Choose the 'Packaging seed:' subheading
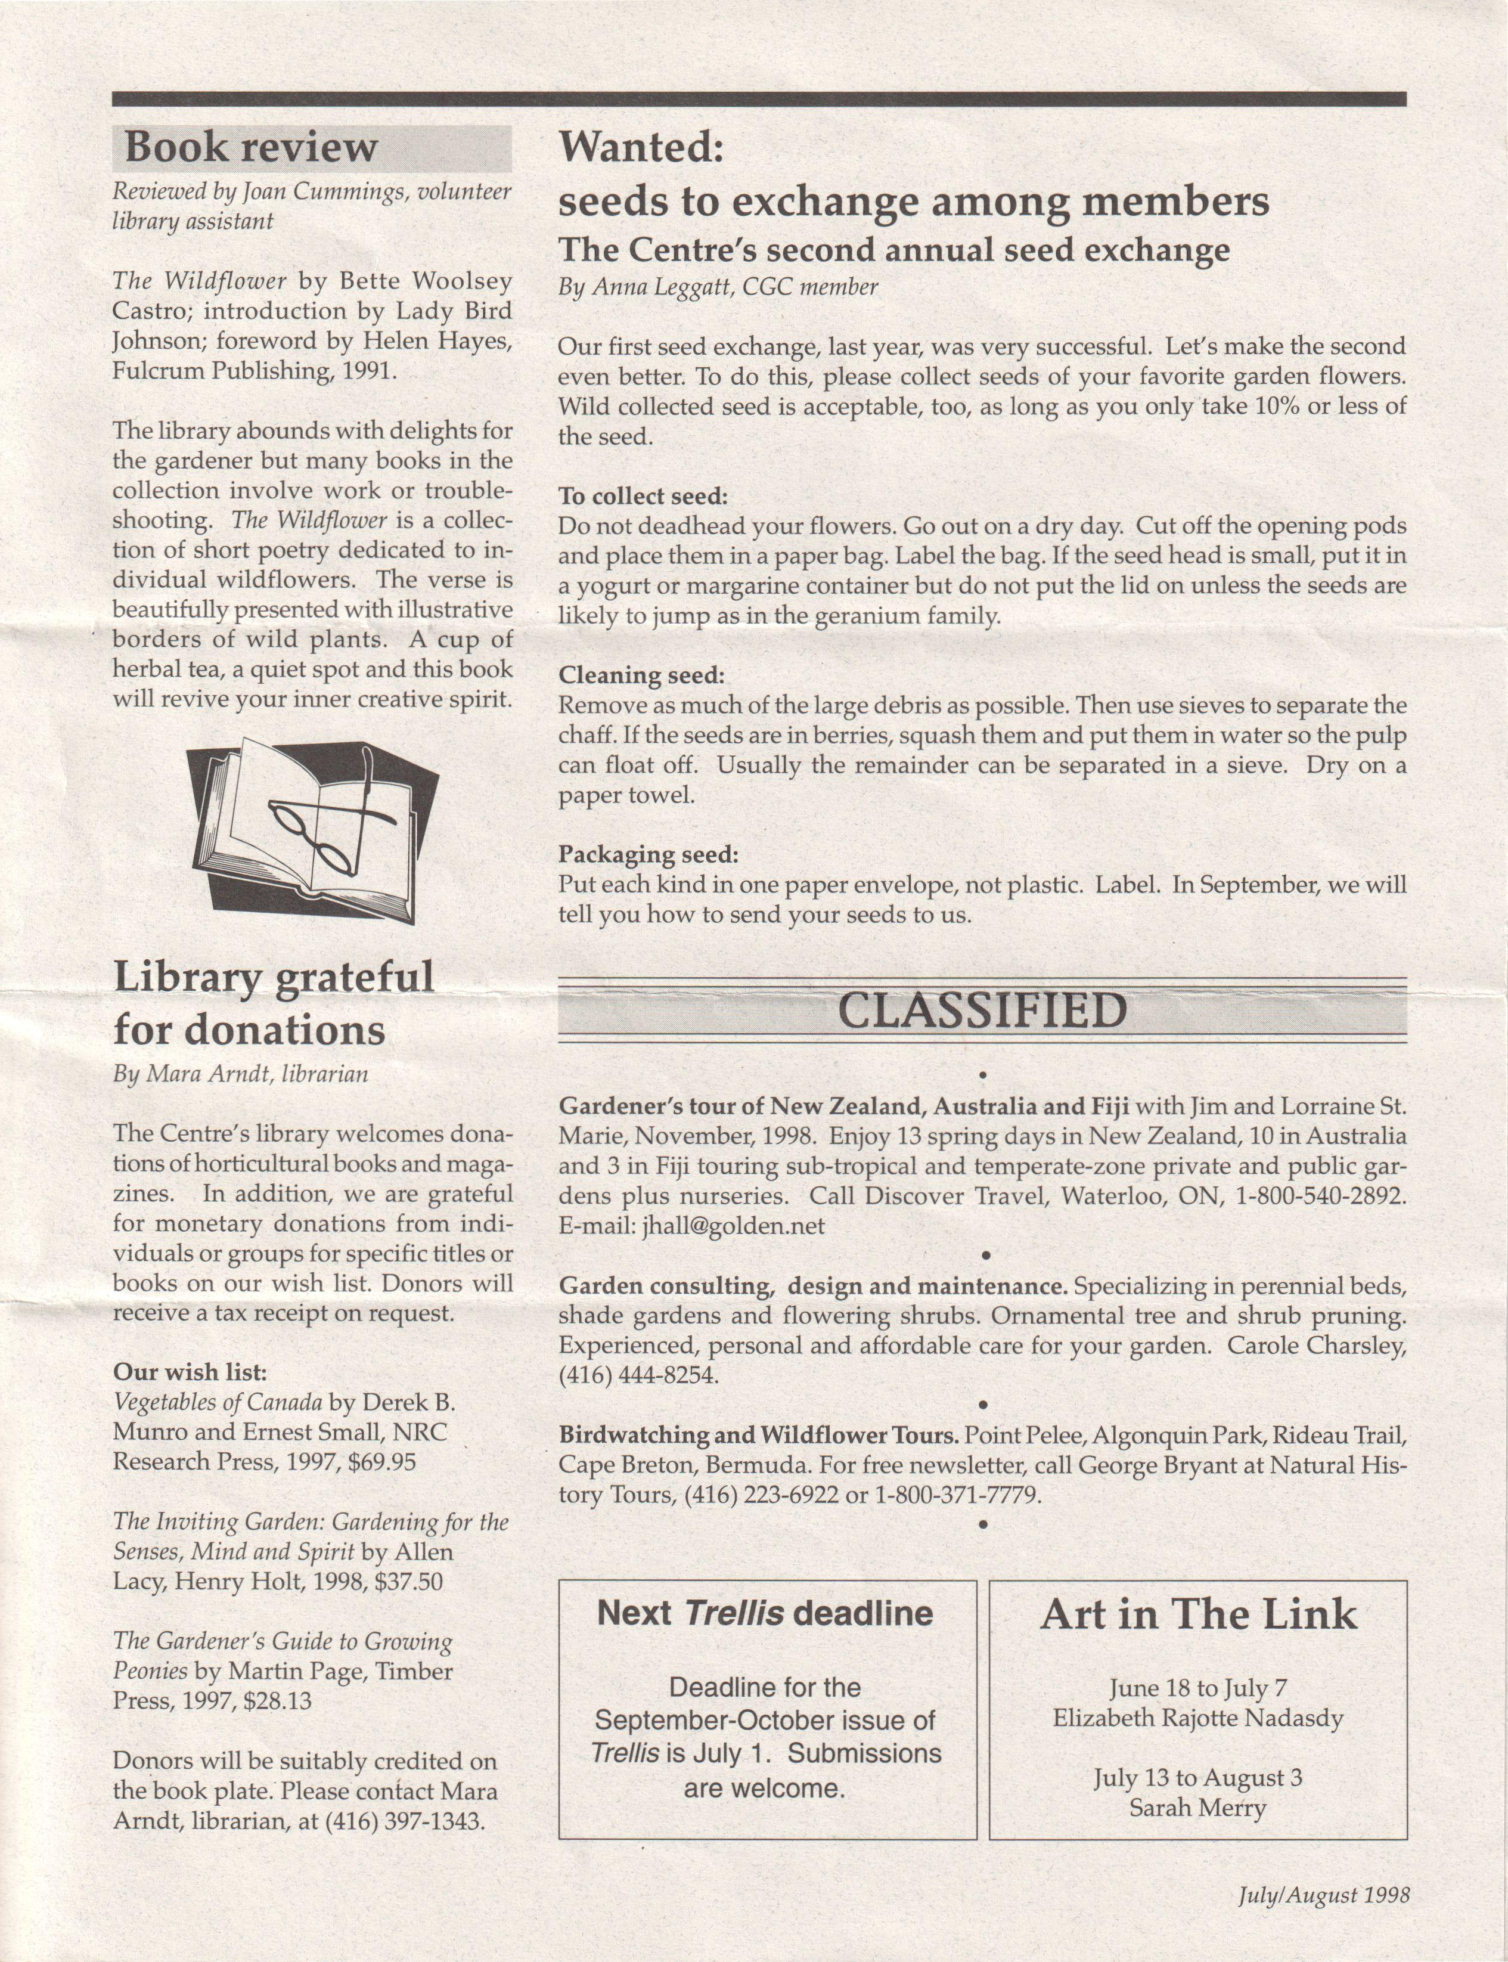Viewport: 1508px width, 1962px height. (x=648, y=854)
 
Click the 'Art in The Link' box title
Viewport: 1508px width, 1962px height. (x=1198, y=1616)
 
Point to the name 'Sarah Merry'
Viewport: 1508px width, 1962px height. (x=1197, y=1808)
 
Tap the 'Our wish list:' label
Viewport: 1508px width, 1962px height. (x=190, y=1372)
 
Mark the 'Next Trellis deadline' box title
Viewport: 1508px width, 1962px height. (x=765, y=1614)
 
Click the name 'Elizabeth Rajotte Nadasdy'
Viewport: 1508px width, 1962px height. (x=1197, y=1719)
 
